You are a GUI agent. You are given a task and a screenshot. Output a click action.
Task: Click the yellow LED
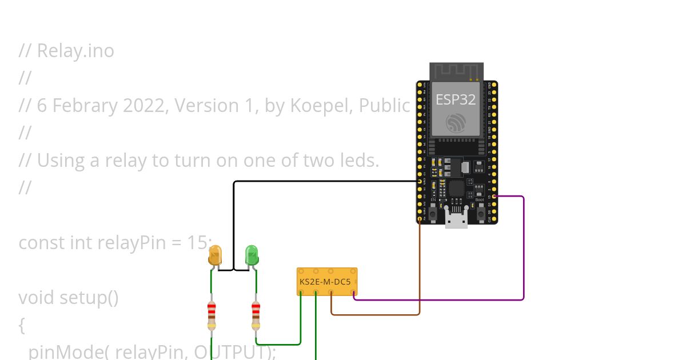[x=215, y=255]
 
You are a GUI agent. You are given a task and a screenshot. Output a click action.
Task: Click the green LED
[x=252, y=255]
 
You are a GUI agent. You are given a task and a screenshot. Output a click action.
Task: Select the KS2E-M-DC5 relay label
[x=325, y=281]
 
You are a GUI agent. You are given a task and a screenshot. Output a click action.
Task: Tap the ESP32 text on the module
[x=456, y=99]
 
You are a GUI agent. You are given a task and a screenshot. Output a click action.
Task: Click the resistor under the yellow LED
[x=212, y=315]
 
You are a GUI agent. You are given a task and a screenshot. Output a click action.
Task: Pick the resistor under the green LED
[x=256, y=315]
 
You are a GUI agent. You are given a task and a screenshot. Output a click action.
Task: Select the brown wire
[x=420, y=269]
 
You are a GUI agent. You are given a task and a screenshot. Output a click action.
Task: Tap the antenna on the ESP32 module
[x=456, y=72]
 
